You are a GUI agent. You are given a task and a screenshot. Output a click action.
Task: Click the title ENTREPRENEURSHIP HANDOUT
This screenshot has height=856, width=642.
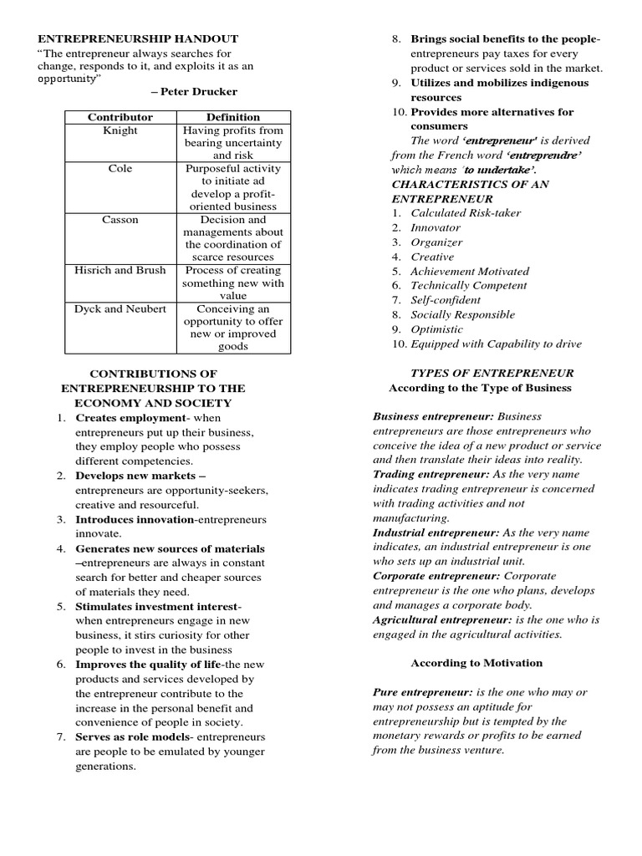click(x=136, y=38)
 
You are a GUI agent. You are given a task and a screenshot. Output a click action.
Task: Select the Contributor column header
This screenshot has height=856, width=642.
click(x=120, y=117)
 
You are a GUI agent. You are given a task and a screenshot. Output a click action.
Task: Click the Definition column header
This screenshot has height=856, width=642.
click(x=233, y=117)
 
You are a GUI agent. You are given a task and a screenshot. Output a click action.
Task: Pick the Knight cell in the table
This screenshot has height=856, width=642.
click(x=120, y=130)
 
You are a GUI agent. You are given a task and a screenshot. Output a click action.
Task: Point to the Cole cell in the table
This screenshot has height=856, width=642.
click(x=120, y=169)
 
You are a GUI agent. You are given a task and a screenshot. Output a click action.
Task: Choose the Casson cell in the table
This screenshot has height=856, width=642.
click(x=120, y=219)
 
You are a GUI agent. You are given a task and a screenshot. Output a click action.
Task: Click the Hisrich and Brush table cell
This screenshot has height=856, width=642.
click(x=120, y=270)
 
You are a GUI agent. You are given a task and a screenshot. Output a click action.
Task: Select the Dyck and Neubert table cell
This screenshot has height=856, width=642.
click(x=120, y=308)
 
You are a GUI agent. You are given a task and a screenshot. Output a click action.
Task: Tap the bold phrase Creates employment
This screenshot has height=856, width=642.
click(x=130, y=417)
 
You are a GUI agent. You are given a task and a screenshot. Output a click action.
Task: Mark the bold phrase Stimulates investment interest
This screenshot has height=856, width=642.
click(x=157, y=606)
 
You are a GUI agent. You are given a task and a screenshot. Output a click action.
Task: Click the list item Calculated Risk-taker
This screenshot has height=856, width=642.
click(x=465, y=212)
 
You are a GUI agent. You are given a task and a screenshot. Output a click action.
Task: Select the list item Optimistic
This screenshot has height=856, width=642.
click(x=436, y=329)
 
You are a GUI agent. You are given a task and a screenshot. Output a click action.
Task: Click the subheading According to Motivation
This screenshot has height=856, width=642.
click(x=476, y=663)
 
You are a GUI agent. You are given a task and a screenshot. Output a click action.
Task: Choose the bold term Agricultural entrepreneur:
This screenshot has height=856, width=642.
click(x=442, y=619)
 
